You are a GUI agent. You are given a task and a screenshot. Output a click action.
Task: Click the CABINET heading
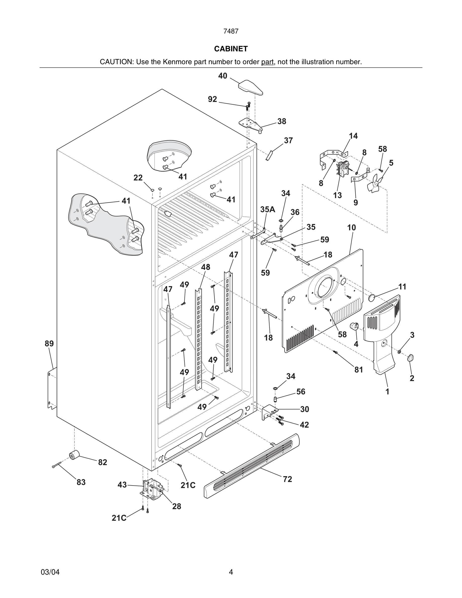point(231,49)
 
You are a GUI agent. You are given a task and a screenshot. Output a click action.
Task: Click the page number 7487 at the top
point(231,31)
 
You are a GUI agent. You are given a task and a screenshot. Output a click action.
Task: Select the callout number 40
point(222,76)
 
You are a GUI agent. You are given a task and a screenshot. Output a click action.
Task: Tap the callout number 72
point(287,479)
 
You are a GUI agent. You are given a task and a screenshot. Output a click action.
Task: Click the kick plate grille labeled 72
point(252,465)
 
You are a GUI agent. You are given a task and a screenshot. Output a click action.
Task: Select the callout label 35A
point(268,209)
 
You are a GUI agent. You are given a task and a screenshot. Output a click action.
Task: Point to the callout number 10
point(352,228)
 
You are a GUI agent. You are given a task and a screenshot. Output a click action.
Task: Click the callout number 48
point(206,267)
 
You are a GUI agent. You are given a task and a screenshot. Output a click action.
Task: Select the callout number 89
point(49,343)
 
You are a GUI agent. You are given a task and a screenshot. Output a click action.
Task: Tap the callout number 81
point(359,370)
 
